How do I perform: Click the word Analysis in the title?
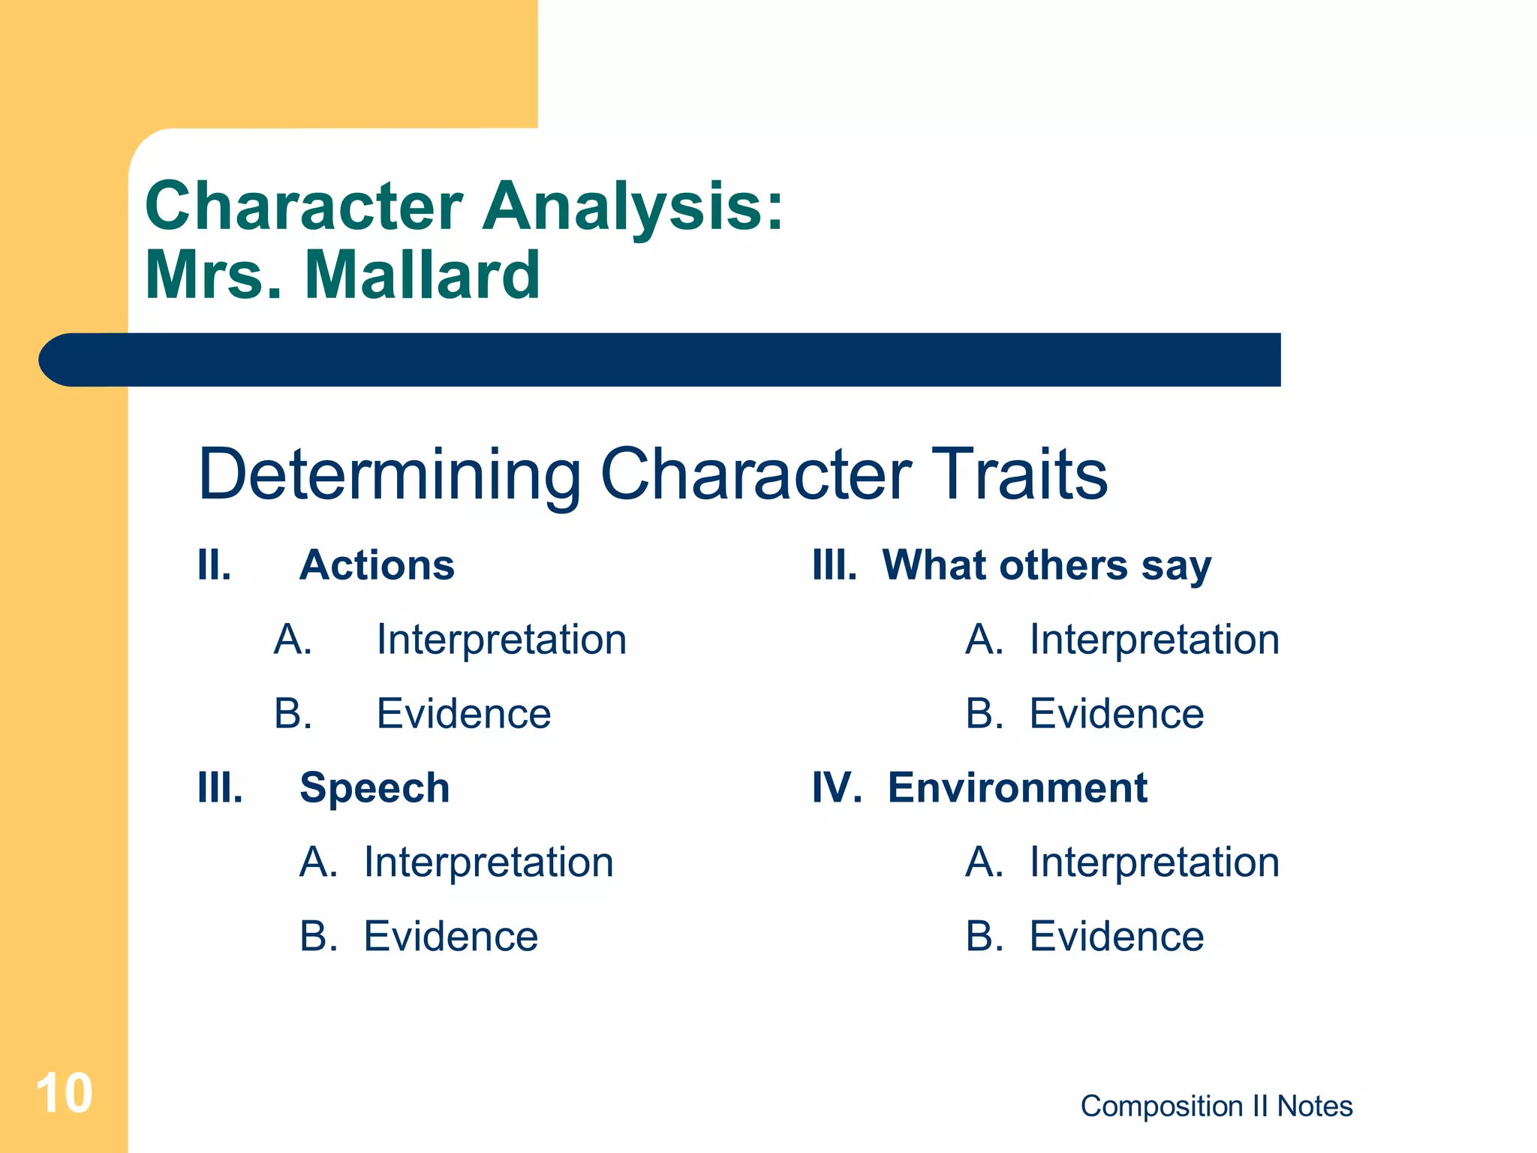click(x=633, y=206)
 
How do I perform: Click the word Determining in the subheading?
click(x=390, y=474)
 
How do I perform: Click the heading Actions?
click(x=377, y=564)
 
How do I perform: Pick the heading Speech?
click(x=374, y=788)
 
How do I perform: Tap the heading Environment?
click(x=1017, y=788)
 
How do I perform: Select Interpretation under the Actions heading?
click(x=501, y=640)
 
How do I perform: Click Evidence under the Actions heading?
click(x=464, y=713)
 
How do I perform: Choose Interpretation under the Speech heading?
click(x=489, y=862)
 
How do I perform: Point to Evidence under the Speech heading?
click(x=451, y=936)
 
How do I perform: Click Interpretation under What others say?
click(x=1154, y=640)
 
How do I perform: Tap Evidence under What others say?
click(x=1116, y=713)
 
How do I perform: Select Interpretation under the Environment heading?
click(x=1154, y=862)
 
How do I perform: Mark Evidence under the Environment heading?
click(x=1116, y=936)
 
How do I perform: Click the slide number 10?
click(x=64, y=1094)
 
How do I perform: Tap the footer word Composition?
click(x=1161, y=1106)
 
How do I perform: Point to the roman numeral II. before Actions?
click(x=214, y=564)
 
